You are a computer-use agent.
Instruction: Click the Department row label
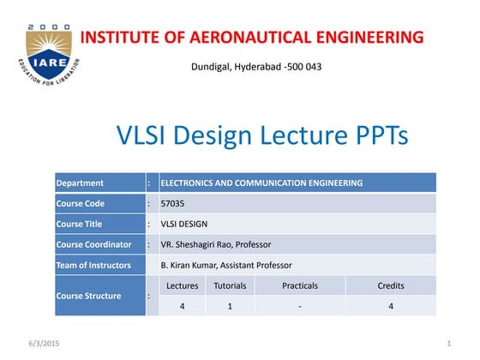[80, 183]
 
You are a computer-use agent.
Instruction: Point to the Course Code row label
[82, 203]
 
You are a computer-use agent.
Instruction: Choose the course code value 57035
[172, 203]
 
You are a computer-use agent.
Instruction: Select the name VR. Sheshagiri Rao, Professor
[215, 244]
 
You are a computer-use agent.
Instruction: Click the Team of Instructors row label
[93, 265]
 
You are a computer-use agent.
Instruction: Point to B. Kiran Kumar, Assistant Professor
[226, 265]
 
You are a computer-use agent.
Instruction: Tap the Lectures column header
[182, 285]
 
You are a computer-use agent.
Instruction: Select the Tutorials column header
[230, 285]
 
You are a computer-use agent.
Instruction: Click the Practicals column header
[300, 285]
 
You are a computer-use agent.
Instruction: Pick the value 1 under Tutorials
[230, 306]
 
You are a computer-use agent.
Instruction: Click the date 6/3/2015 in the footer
[26, 344]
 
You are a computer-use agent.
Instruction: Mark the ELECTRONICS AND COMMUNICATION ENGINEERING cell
[261, 183]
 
